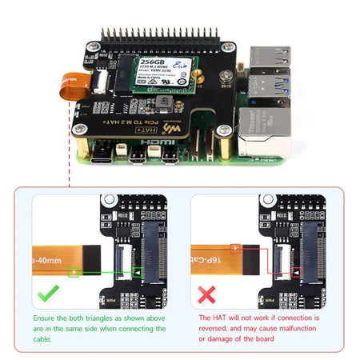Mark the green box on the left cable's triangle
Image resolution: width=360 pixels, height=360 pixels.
pyautogui.click(x=74, y=272)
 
